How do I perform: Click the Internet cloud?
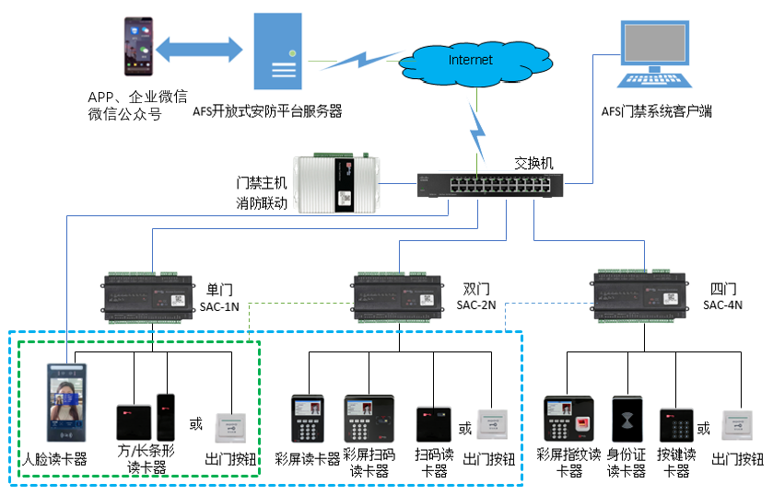pyautogui.click(x=470, y=62)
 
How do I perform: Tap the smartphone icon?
pyautogui.click(x=136, y=46)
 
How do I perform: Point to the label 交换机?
pyautogui.click(x=533, y=163)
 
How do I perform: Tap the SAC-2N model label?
pyautogui.click(x=475, y=305)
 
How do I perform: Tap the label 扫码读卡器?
pyautogui.click(x=434, y=463)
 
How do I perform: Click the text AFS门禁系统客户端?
pyautogui.click(x=656, y=111)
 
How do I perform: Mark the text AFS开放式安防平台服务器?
pyautogui.click(x=267, y=111)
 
